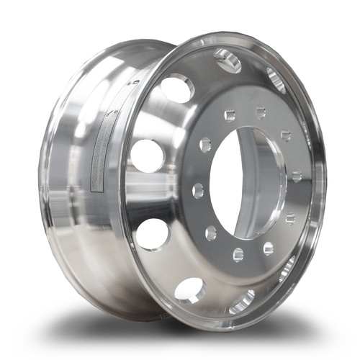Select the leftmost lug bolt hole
pyautogui.click(x=198, y=191)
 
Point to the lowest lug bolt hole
pyautogui.click(x=238, y=254)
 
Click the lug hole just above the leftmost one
pyautogui.click(x=205, y=144)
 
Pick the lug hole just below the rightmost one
pyautogui.click(x=290, y=218)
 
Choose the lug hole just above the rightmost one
pyautogui.click(x=286, y=135)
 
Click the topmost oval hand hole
pyautogui.click(x=228, y=60)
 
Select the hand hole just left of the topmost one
pyautogui.click(x=177, y=88)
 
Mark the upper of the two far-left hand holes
pyautogui.click(x=147, y=155)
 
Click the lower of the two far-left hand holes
pyautogui.click(x=153, y=233)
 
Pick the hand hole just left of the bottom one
pyautogui.click(x=190, y=289)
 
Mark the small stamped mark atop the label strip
pyautogui.click(x=133, y=84)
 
